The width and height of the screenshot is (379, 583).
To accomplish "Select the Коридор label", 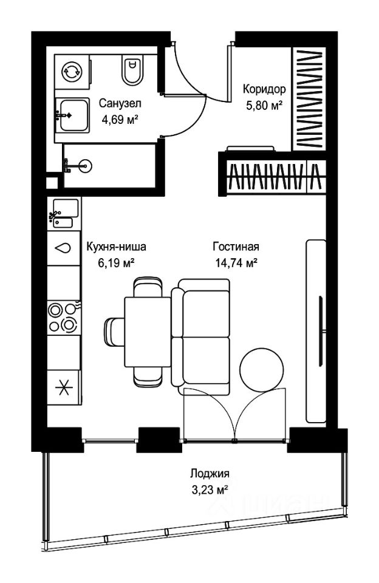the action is pos(264,89).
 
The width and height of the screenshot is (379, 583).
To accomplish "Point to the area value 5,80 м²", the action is pos(264,105).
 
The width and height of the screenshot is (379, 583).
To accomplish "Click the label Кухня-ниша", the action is pos(117,247).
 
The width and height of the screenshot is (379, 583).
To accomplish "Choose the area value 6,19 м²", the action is pos(117,263).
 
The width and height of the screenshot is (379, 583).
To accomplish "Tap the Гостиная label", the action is pos(236,247).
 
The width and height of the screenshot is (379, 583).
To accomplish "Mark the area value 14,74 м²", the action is pos(236,263).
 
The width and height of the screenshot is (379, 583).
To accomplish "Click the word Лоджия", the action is pos(210,474).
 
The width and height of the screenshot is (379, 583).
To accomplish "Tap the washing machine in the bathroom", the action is pos(72,71).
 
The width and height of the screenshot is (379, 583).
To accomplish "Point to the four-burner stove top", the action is pos(64,317).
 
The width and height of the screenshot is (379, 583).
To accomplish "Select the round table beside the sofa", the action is pos(261,369).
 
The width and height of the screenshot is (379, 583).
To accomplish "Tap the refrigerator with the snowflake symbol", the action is pos(64,388).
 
